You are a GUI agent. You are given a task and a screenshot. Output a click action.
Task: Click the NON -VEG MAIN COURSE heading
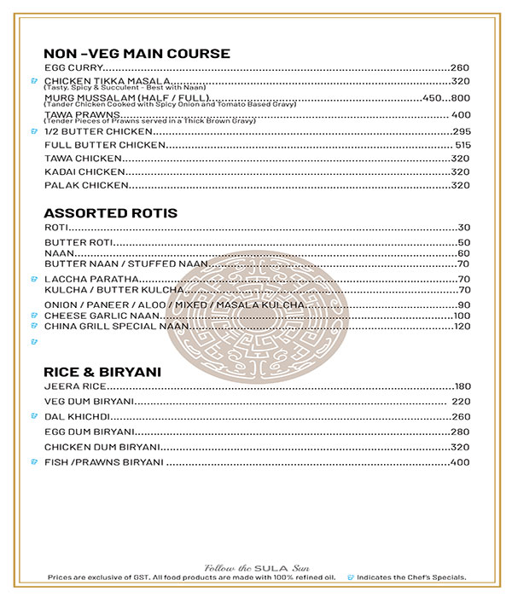(x=137, y=54)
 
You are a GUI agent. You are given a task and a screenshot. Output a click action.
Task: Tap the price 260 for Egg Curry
(x=461, y=67)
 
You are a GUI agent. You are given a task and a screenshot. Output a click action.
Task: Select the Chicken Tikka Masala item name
(x=102, y=81)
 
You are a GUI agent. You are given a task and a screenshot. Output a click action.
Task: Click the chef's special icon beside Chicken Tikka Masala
(x=32, y=82)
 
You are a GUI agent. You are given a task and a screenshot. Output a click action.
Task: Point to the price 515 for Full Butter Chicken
(x=463, y=146)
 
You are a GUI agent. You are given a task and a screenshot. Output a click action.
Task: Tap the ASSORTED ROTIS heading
(x=111, y=213)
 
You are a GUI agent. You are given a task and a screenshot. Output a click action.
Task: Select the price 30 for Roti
(x=464, y=228)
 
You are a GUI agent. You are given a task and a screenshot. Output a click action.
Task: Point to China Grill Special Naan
(x=114, y=327)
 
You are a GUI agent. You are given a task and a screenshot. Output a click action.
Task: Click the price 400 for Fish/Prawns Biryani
(x=460, y=463)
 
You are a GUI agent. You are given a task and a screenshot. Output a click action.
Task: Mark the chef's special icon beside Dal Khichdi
(x=32, y=417)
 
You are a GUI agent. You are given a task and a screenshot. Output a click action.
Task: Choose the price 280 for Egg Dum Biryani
(x=461, y=432)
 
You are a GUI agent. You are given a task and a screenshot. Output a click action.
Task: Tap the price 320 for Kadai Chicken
(x=461, y=171)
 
